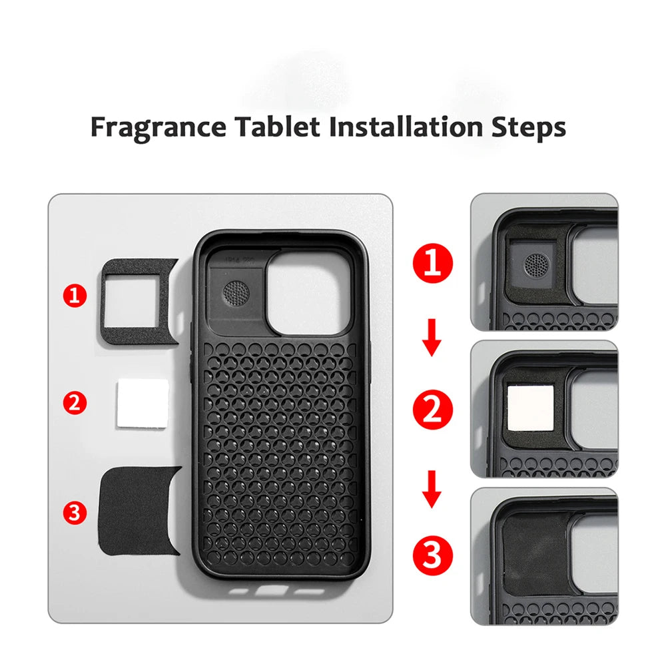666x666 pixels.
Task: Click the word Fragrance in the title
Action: (x=159, y=127)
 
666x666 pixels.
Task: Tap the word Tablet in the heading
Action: (x=278, y=127)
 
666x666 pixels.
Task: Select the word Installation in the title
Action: (x=406, y=127)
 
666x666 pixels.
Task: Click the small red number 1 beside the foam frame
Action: (x=75, y=296)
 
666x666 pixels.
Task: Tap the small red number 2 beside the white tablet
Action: (x=75, y=403)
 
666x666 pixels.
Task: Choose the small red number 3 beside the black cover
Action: (x=75, y=512)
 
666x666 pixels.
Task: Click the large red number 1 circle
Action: (x=433, y=263)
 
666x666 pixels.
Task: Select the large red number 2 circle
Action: (x=433, y=410)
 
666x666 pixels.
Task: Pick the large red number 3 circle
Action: (x=433, y=555)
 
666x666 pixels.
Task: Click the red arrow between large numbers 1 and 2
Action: (x=432, y=337)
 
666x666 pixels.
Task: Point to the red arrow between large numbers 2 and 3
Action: (x=432, y=490)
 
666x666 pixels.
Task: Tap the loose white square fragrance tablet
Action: (x=143, y=404)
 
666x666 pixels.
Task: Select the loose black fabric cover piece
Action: (x=138, y=510)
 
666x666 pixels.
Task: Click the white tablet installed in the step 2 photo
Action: (x=531, y=408)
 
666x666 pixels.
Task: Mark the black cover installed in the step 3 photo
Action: (x=536, y=553)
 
